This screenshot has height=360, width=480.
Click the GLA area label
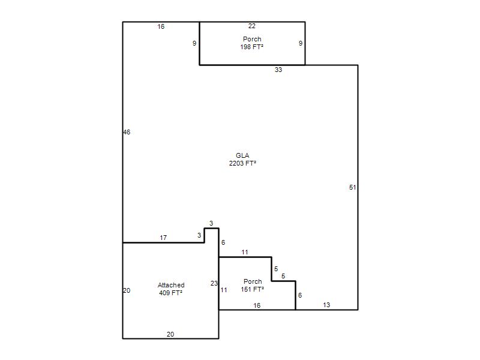coord(242,155)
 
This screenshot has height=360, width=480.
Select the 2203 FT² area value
coord(242,163)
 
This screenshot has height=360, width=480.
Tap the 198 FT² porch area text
coord(251,47)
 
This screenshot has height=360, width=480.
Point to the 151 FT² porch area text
coord(252,289)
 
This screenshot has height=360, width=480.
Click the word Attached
coord(171,285)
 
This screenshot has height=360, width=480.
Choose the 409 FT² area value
coord(170,293)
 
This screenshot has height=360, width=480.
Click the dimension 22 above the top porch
coord(251,26)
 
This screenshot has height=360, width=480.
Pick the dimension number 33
coord(278,70)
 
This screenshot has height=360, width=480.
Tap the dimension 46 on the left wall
coord(127,132)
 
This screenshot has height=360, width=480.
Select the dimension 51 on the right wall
coord(353,187)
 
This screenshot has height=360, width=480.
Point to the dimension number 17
coord(163,238)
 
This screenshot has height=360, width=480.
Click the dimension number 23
coord(214,283)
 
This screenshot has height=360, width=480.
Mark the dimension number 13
coord(326,305)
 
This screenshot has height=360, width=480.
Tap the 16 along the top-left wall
coord(161,26)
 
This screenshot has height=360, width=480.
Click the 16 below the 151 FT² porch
coord(257,305)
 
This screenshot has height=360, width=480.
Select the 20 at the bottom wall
coord(170,334)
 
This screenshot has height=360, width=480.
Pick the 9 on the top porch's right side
coord(301,43)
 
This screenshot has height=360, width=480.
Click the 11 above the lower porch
coord(245,252)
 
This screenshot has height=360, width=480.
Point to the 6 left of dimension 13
coord(300,295)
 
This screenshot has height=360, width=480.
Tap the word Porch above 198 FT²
coord(252,39)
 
